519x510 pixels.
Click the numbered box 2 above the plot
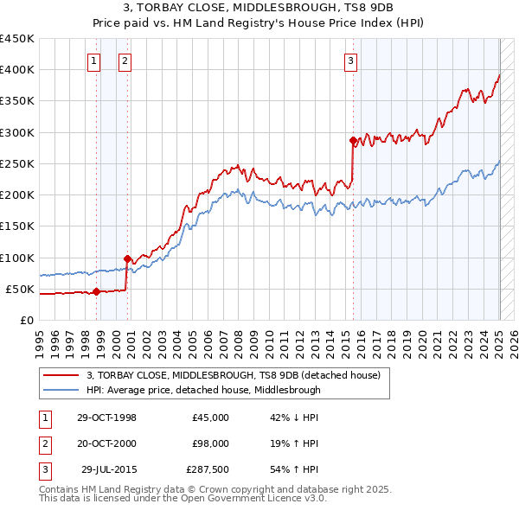click(x=125, y=61)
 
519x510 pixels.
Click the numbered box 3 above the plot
click(x=350, y=61)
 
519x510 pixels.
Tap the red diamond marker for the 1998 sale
click(x=96, y=291)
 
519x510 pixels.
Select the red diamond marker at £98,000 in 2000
click(x=127, y=258)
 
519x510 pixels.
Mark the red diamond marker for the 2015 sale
click(x=353, y=140)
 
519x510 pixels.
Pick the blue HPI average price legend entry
click(x=203, y=390)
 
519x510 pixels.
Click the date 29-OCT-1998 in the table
click(x=106, y=418)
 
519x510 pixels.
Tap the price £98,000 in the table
click(x=210, y=443)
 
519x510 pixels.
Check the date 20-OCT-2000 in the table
click(x=106, y=443)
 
